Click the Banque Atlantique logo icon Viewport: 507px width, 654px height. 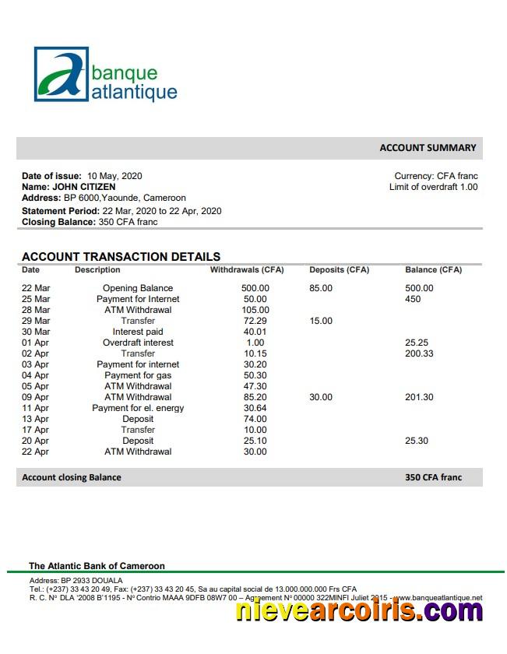pyautogui.click(x=62, y=75)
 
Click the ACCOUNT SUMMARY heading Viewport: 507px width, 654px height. pyautogui.click(x=428, y=148)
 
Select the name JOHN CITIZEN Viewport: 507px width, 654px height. pyautogui.click(x=83, y=187)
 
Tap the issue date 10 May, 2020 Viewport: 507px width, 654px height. pyautogui.click(x=114, y=176)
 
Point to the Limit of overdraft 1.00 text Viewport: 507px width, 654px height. pyautogui.click(x=433, y=187)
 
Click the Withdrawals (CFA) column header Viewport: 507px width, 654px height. pyautogui.click(x=247, y=270)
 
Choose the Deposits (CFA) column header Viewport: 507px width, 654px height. pyautogui.click(x=339, y=270)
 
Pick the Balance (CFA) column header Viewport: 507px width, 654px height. pyautogui.click(x=433, y=270)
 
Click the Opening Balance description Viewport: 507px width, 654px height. pyautogui.click(x=138, y=288)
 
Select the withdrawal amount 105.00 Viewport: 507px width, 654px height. pyautogui.click(x=255, y=310)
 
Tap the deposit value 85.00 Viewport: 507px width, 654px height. pyautogui.click(x=321, y=288)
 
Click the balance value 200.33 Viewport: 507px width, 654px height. pyautogui.click(x=420, y=353)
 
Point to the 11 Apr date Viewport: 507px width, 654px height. pyautogui.click(x=35, y=408)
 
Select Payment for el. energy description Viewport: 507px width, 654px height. pyautogui.click(x=138, y=408)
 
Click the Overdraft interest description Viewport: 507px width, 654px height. pyautogui.click(x=138, y=343)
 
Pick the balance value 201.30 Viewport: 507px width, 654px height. pyautogui.click(x=420, y=397)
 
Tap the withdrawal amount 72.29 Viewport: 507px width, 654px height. pyautogui.click(x=255, y=321)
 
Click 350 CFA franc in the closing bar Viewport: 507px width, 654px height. pyautogui.click(x=433, y=477)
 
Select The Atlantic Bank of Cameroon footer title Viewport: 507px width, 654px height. pyautogui.click(x=97, y=566)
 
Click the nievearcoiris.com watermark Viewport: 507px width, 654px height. pyautogui.click(x=359, y=611)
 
